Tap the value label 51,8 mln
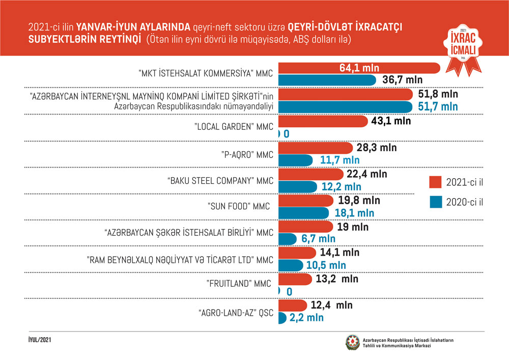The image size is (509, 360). (437, 94)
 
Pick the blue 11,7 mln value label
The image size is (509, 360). (339, 160)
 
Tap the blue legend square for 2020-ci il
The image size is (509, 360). (435, 202)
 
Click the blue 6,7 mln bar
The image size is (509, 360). (288, 239)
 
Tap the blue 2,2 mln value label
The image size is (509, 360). (306, 318)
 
